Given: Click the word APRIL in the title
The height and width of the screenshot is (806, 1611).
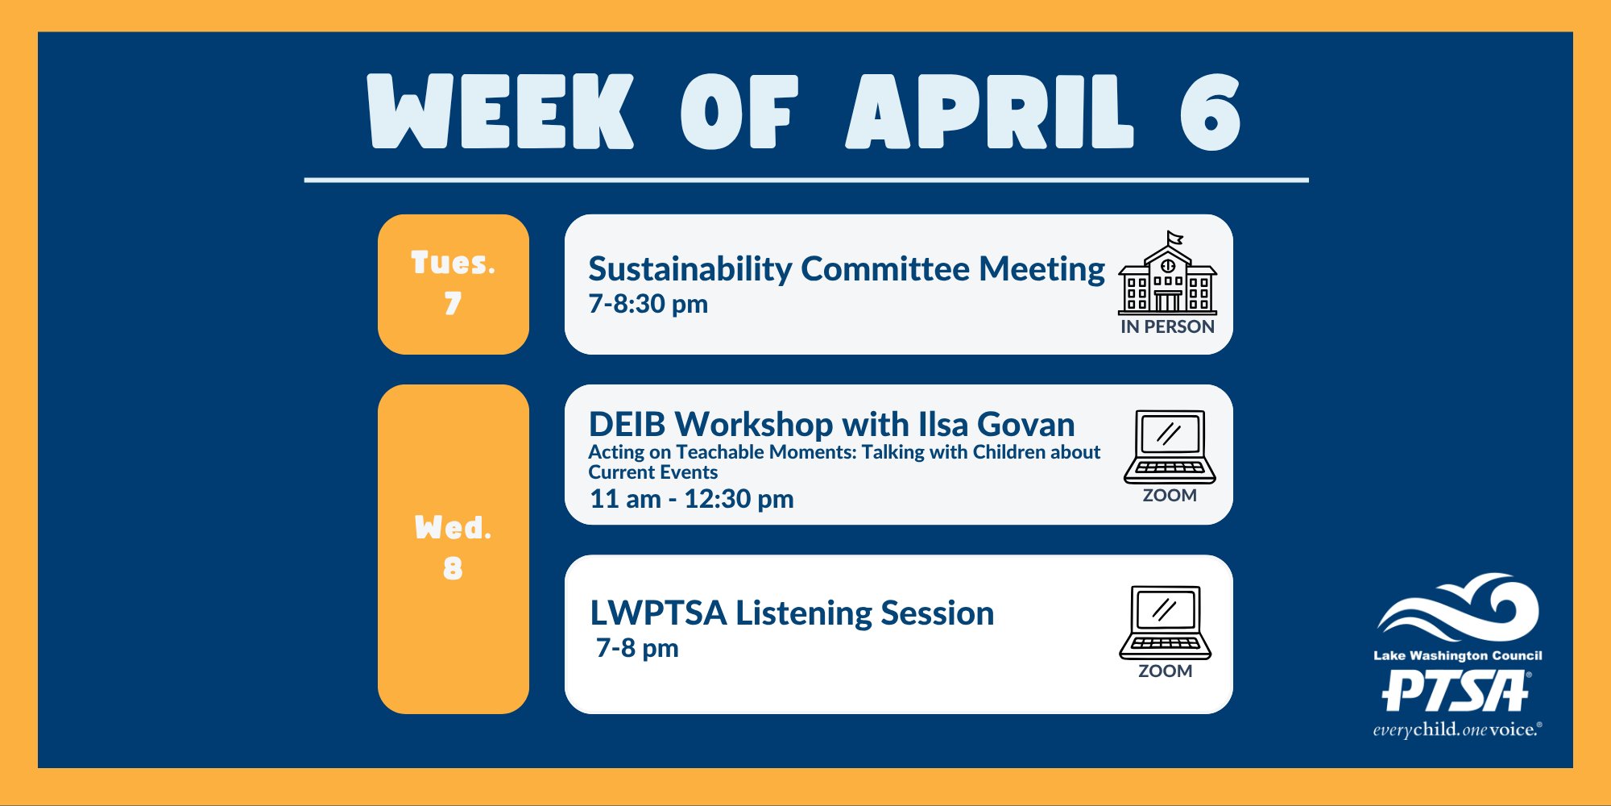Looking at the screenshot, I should (989, 113).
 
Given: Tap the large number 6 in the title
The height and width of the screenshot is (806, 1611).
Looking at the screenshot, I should (1210, 113).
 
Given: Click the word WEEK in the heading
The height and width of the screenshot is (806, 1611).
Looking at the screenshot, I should (500, 113).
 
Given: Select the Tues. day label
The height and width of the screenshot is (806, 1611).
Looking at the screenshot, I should (453, 263).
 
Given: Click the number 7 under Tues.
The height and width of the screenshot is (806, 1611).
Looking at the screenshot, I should (453, 304).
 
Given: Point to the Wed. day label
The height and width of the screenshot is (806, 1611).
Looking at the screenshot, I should (453, 528).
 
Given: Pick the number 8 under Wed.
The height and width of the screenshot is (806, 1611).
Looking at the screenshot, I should (453, 569).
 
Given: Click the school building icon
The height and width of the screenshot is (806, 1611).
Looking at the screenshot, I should (1167, 274).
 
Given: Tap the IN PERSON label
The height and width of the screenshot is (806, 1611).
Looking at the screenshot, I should (1167, 326).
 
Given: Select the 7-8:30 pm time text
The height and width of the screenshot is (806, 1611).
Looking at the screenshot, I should (648, 304).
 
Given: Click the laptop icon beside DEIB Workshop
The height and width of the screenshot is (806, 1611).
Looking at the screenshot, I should (1170, 447).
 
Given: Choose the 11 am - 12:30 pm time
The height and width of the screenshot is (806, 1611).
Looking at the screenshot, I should (692, 499).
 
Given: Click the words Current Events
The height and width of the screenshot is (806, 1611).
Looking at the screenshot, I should (652, 472).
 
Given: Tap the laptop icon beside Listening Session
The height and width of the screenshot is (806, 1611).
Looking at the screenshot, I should (1165, 622).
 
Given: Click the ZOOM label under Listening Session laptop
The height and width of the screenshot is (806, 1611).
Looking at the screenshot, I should (1165, 671).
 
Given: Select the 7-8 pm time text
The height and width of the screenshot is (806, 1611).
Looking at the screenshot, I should (637, 648).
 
